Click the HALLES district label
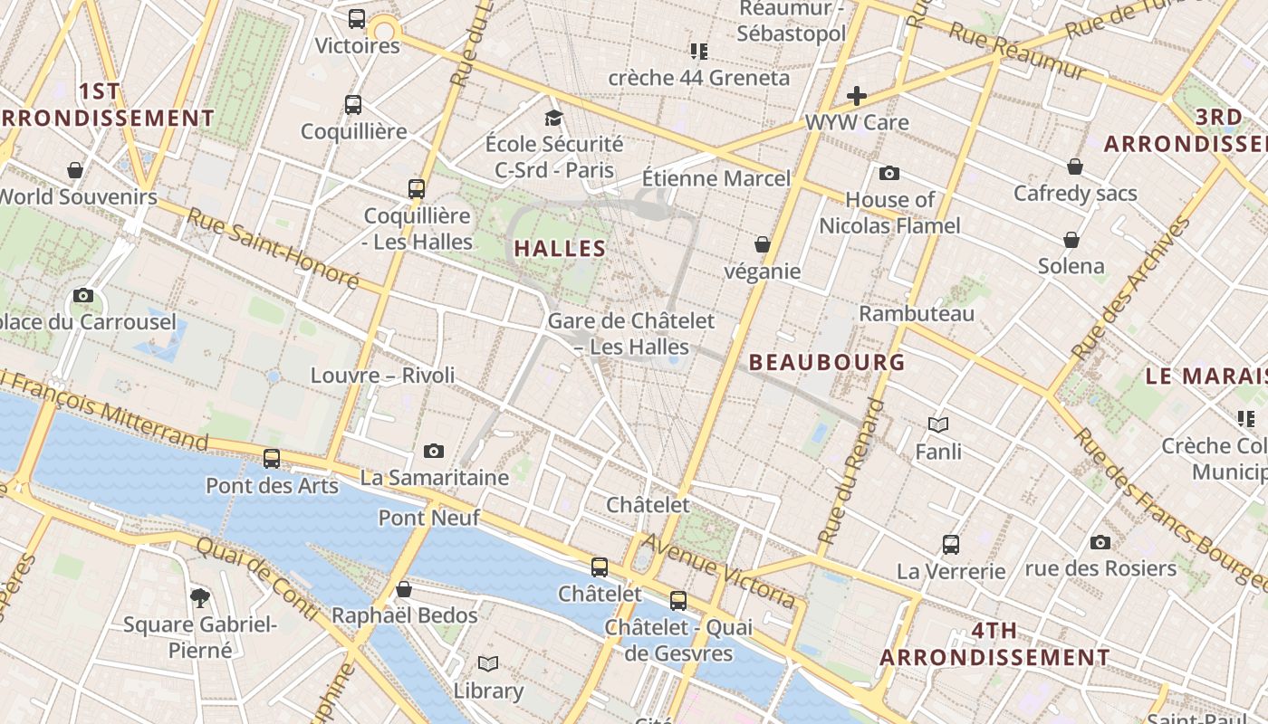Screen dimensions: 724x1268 click(560, 248)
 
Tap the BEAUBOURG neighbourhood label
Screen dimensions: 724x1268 click(827, 362)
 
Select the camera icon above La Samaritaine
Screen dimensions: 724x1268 click(434, 451)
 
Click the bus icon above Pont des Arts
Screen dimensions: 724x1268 click(271, 459)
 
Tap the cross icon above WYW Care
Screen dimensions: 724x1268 click(856, 95)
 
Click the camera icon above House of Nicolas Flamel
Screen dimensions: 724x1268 click(889, 173)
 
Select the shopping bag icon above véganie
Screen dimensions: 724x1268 click(763, 244)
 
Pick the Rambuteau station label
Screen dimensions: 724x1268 click(917, 314)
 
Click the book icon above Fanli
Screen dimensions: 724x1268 click(938, 424)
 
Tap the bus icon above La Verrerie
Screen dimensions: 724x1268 click(951, 545)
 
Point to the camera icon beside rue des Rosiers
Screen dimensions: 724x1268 click(1100, 542)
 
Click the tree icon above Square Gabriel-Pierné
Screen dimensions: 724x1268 click(200, 597)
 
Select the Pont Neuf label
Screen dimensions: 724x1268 click(428, 519)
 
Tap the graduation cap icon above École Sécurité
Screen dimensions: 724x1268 click(553, 118)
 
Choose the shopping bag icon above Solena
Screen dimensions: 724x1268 click(1071, 240)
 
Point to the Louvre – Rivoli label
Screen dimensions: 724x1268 click(382, 376)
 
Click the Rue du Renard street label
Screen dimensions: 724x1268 click(850, 471)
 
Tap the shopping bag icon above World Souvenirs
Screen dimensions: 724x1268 click(75, 170)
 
